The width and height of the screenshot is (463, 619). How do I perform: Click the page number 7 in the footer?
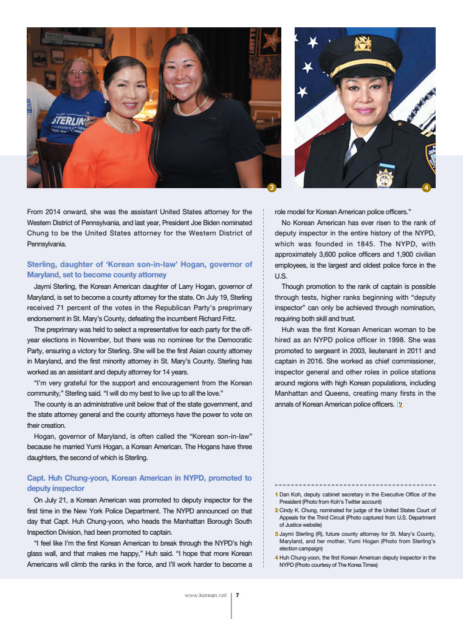coord(238,595)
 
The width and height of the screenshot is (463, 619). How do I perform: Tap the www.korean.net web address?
coord(205,595)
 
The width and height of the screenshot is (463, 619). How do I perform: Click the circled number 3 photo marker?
coord(272,188)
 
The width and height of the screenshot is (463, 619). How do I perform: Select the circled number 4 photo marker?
coord(427,188)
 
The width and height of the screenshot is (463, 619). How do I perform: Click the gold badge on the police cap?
coord(363,43)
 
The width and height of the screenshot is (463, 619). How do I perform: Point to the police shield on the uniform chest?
coord(384,177)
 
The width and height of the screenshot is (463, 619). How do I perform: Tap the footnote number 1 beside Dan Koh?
coord(276,495)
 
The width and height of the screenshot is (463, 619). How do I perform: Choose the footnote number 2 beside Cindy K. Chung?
coord(276,511)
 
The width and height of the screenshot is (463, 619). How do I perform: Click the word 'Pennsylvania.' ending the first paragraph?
coord(44,243)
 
